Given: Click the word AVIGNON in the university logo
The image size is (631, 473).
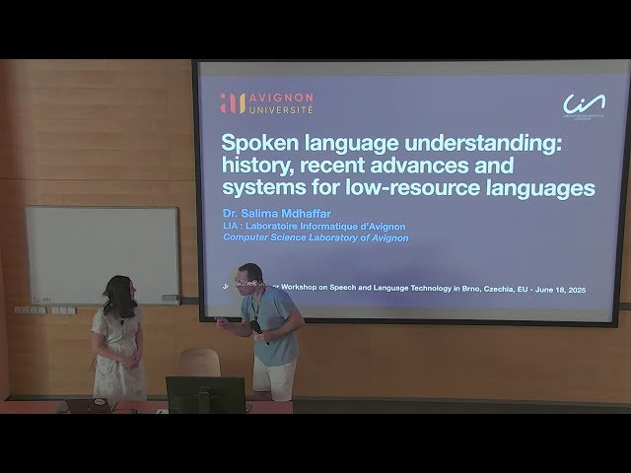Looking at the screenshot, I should pyautogui.click(x=280, y=98).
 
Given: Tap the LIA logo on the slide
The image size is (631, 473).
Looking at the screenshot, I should pyautogui.click(x=584, y=103).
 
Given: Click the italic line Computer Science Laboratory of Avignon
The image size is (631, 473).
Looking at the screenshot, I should pyautogui.click(x=315, y=237).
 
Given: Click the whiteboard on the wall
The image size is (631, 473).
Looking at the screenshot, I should pyautogui.click(x=102, y=253).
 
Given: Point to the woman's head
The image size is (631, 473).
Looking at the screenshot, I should pyautogui.click(x=118, y=293).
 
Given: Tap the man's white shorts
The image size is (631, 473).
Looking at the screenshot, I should pyautogui.click(x=274, y=377).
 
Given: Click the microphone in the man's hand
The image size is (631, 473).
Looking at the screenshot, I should pyautogui.click(x=255, y=325).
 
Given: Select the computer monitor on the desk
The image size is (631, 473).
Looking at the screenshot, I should pyautogui.click(x=205, y=393).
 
